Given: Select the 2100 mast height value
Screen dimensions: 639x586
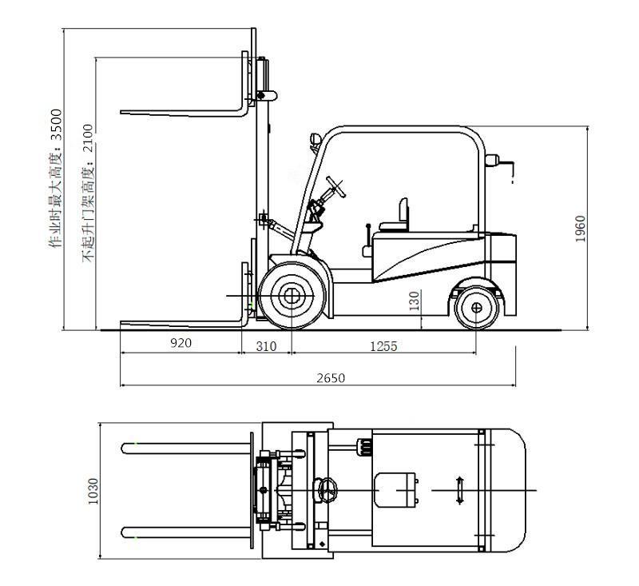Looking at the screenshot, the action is (x=89, y=138).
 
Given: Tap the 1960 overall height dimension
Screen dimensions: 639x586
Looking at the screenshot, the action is (x=580, y=229).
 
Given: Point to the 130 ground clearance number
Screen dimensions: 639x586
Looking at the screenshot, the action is (x=414, y=301).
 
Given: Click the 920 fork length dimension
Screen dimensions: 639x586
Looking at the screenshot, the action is (x=181, y=343).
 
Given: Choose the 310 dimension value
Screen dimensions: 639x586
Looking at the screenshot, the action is (x=266, y=347).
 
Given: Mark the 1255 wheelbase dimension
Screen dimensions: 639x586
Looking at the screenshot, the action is (x=383, y=347).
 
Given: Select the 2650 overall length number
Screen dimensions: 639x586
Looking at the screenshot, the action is (x=331, y=378).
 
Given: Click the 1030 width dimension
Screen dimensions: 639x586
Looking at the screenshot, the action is (x=93, y=491).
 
